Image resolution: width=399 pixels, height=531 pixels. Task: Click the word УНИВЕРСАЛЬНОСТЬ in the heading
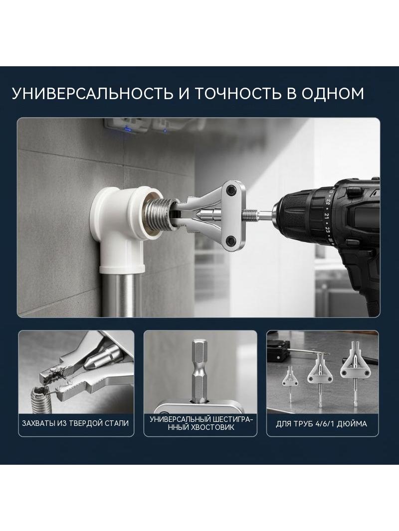[92, 94]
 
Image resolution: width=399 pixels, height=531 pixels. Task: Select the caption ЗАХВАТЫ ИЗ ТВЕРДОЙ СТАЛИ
[75, 423]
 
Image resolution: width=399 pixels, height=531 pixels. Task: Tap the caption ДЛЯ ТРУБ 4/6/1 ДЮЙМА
[321, 423]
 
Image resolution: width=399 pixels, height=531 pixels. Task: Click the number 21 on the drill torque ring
[327, 215]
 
